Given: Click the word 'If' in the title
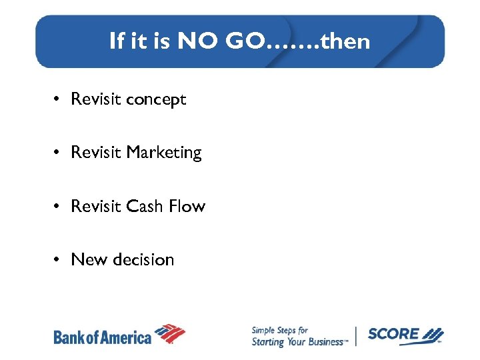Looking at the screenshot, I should tap(117, 41).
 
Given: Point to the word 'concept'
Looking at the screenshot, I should tap(156, 100).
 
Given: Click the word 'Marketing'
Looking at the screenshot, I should tap(163, 153).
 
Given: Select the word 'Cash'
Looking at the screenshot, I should tap(145, 207).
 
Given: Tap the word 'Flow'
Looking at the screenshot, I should tap(187, 207).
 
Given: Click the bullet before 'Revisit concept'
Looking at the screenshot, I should tap(59, 100).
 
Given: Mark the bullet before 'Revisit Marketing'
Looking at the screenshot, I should tap(59, 153).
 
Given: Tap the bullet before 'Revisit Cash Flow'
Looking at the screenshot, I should tap(59, 207).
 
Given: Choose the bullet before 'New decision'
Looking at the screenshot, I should tap(59, 260).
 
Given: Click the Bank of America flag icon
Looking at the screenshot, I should tap(170, 334).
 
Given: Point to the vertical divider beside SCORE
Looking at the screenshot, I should tap(356, 336).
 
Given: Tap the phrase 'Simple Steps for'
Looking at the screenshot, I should tap(279, 330).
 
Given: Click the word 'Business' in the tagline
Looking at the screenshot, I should tap(324, 342).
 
